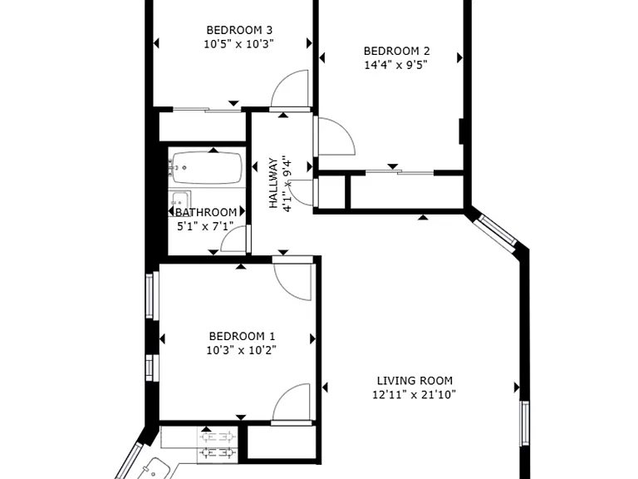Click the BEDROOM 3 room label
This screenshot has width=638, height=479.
click(239, 30)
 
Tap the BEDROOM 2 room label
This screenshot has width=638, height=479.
click(396, 52)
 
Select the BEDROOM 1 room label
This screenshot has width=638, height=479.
click(242, 337)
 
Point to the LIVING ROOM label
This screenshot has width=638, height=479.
click(415, 381)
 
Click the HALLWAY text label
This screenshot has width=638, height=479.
click(273, 183)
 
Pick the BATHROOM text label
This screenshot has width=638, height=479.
click(206, 213)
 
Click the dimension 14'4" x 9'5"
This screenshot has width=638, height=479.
click(395, 65)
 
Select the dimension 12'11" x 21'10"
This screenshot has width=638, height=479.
click(415, 395)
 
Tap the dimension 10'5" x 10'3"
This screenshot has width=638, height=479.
click(239, 44)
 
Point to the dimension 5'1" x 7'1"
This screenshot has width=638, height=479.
click(205, 226)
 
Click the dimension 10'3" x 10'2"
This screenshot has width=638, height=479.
click(241, 350)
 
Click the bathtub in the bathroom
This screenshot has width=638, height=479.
click(207, 168)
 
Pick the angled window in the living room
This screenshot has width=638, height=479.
click(496, 230)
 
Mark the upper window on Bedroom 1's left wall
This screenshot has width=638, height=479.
click(150, 296)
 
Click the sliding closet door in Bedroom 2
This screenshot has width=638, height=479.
click(400, 173)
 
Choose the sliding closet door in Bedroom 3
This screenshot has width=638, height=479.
click(208, 109)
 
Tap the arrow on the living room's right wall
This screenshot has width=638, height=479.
click(517, 388)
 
